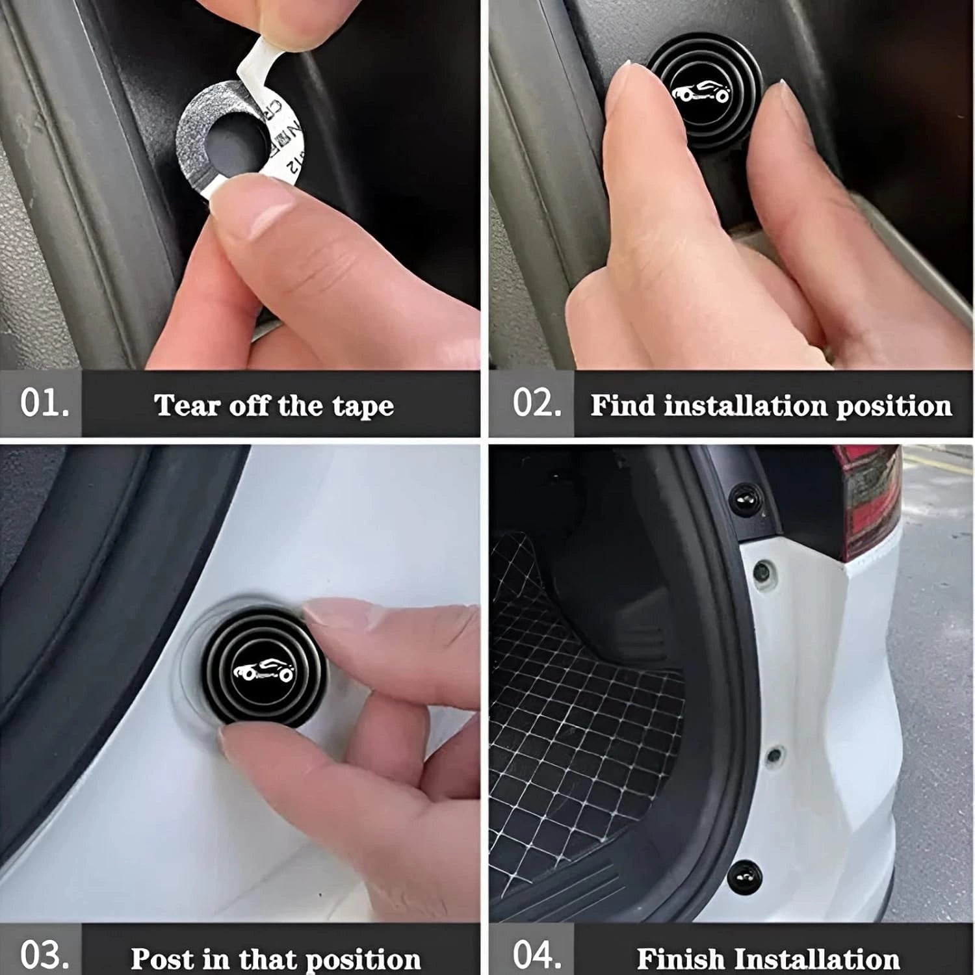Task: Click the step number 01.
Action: (44, 403)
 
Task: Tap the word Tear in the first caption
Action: (179, 406)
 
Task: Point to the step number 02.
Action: (537, 403)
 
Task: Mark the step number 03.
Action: (44, 955)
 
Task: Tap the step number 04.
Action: (537, 955)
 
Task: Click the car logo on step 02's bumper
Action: (701, 94)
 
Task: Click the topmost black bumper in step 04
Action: (742, 499)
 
